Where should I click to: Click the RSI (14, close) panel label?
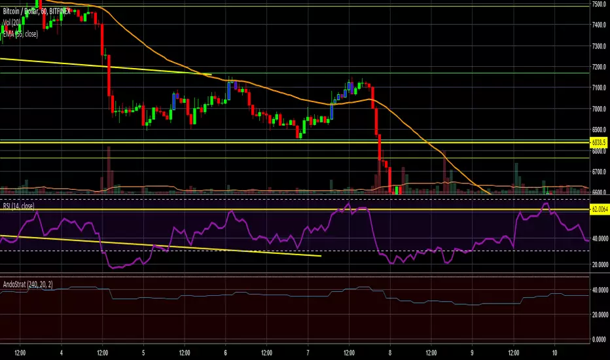pos(18,207)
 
